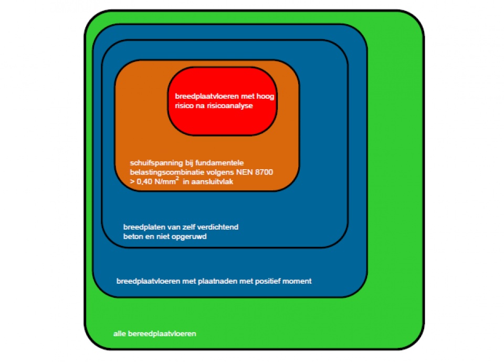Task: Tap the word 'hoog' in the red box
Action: point(265,97)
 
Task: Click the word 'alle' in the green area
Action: point(119,334)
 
